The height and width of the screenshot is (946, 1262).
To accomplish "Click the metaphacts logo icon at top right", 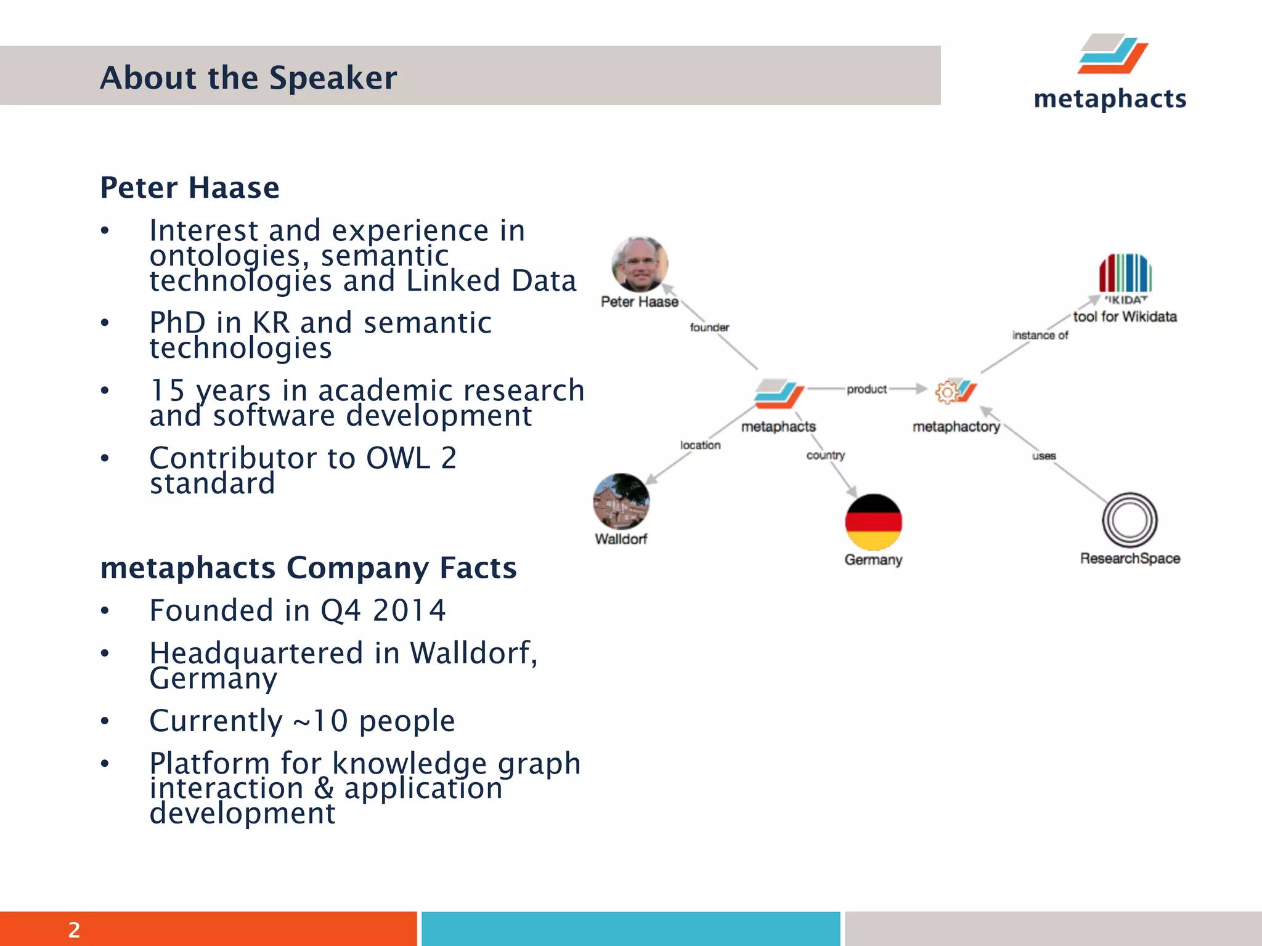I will (1112, 54).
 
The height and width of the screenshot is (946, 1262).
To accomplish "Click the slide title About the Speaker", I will (248, 78).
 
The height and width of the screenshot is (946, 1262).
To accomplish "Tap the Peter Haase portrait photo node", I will (640, 264).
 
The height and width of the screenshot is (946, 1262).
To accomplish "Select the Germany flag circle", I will (873, 522).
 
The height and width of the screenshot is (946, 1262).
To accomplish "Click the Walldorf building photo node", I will (621, 501).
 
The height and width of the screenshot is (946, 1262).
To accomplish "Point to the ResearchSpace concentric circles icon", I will (1130, 520).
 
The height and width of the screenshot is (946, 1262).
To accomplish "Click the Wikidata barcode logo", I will (1125, 273).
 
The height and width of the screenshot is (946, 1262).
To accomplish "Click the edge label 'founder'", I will (709, 328).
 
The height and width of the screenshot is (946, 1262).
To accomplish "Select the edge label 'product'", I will (866, 389).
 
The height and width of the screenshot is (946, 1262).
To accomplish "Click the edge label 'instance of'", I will (1040, 335).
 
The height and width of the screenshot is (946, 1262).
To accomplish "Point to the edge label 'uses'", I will (1044, 456).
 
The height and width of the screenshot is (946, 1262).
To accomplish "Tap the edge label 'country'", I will (825, 455).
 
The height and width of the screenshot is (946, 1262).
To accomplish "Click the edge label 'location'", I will (700, 445).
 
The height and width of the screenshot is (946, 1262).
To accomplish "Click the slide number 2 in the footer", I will (74, 929).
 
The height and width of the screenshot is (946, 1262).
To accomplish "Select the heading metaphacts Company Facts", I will (308, 567).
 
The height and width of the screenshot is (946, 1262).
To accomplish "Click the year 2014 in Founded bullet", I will (409, 610).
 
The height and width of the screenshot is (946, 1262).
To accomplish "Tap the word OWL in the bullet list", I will (398, 458).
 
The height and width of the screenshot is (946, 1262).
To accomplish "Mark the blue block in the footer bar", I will (630, 928).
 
